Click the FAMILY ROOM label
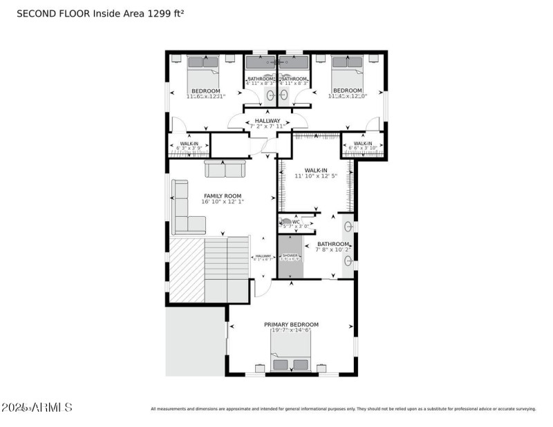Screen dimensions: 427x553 [223, 196]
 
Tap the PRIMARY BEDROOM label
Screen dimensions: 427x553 [291, 324]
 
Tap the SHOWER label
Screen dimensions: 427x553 [290, 256]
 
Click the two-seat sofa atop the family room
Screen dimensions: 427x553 [224, 169]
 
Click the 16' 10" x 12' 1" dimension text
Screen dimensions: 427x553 [223, 202]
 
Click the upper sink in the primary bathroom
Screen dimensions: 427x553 [349, 226]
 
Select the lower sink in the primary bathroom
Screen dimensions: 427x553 [349, 260]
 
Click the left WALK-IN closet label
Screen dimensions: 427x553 [189, 144]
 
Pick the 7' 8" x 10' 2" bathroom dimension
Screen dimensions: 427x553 [332, 250]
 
